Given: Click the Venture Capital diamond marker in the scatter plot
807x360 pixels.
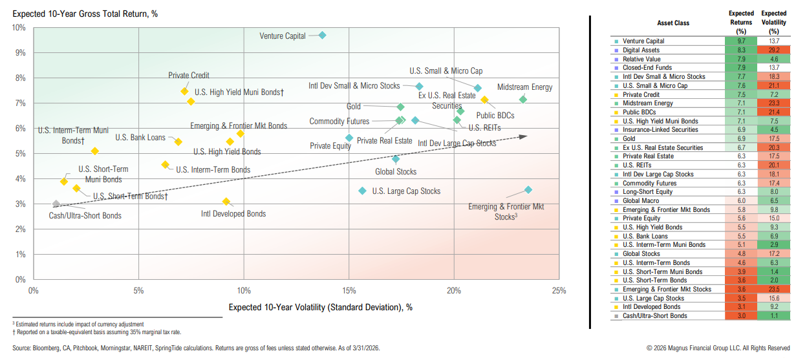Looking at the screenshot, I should (x=322, y=36).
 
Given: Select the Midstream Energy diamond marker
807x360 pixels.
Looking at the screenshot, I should (x=523, y=100).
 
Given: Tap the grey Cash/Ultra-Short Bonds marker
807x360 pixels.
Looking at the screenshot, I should (x=56, y=204).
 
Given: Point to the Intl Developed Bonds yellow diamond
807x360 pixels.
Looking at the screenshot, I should (x=226, y=202).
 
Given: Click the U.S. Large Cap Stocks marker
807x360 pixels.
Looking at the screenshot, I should (x=362, y=191).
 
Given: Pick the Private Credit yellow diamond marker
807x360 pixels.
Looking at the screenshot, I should (x=184, y=91).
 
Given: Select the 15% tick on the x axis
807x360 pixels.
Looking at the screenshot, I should (x=349, y=291).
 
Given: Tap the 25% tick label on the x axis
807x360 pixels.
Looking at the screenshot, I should (x=559, y=291).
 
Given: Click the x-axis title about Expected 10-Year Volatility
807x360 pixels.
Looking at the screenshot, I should (x=320, y=307).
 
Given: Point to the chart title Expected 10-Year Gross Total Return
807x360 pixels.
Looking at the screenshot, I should (x=85, y=13).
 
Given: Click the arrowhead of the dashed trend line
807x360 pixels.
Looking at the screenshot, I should (x=524, y=136).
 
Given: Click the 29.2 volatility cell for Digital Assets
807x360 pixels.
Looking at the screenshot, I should (x=774, y=50).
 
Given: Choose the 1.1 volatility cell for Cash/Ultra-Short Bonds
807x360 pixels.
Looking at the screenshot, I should (x=774, y=316).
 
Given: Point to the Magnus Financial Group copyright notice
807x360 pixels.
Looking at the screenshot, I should (x=717, y=348).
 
